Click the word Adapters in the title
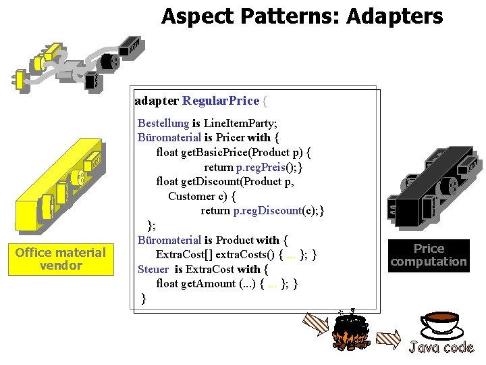395,16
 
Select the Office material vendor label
60,259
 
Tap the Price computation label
429,255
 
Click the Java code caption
441,347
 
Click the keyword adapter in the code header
157,101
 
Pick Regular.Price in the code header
221,101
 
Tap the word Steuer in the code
153,269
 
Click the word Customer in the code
191,196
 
